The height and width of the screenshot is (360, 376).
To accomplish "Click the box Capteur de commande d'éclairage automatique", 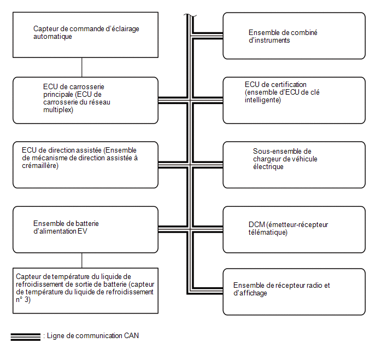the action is pyautogui.click(x=85, y=35).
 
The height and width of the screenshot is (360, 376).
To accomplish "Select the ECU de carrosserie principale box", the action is pyautogui.click(x=85, y=100).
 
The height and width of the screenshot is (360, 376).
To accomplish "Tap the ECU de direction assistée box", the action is pyautogui.click(x=85, y=165).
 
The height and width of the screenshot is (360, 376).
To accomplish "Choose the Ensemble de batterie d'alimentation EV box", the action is pyautogui.click(x=85, y=229).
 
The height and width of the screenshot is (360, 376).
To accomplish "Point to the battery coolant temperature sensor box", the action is pyautogui.click(x=85, y=291).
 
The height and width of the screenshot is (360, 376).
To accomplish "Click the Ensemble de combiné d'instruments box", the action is pyautogui.click(x=294, y=36).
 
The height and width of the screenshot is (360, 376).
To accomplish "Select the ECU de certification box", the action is pyautogui.click(x=294, y=100).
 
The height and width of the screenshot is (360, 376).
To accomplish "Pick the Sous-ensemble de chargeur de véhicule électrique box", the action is pyautogui.click(x=294, y=165).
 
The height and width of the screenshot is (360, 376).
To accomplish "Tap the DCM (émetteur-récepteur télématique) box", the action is pyautogui.click(x=294, y=229).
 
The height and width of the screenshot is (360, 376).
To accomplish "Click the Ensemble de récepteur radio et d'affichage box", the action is pyautogui.click(x=294, y=292).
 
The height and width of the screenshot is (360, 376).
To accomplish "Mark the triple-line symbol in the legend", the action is pyautogui.click(x=26, y=337).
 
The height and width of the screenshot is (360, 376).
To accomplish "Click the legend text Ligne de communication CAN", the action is pyautogui.click(x=93, y=335).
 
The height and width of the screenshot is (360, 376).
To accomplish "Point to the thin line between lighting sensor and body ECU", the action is pyautogui.click(x=82, y=67).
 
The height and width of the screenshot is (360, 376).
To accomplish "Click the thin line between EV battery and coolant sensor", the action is pyautogui.click(x=82, y=260).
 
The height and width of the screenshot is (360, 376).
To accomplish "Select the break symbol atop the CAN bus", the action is pyautogui.click(x=190, y=16).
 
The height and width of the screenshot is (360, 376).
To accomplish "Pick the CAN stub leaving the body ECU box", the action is pyautogui.click(x=173, y=100).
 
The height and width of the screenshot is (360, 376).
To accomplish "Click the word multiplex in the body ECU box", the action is pyautogui.click(x=58, y=110).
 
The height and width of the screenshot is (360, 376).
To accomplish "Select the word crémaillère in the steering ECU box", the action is pyautogui.click(x=40, y=166).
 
